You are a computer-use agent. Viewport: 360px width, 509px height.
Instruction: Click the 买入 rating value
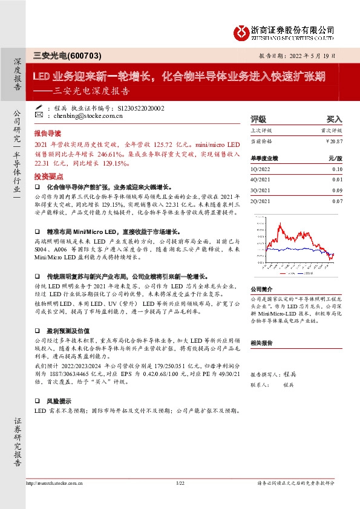click(334, 119)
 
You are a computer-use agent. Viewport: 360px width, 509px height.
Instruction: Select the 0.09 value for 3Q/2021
click(337, 190)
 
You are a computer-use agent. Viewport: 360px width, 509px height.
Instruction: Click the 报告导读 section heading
click(48, 132)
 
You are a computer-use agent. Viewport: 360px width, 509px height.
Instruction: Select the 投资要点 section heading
click(48, 176)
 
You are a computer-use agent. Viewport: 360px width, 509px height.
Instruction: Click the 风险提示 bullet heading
click(60, 401)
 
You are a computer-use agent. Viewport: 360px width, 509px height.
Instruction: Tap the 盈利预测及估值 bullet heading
click(68, 331)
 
